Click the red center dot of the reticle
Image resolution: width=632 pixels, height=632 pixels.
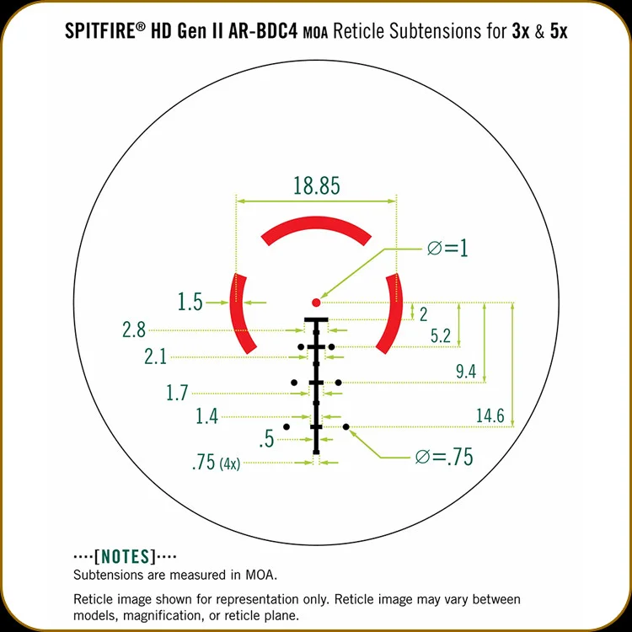(316, 303)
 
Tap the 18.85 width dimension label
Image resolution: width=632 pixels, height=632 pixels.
(316, 186)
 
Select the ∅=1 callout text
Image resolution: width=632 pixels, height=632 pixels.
(447, 248)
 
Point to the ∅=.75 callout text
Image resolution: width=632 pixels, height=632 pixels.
(444, 457)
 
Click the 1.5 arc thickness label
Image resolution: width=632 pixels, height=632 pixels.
(190, 302)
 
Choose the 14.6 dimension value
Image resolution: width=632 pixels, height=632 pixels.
(490, 415)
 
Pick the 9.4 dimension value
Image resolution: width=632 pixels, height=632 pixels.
(466, 372)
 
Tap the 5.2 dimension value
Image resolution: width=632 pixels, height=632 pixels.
(441, 335)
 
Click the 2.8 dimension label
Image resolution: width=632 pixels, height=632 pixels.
(134, 329)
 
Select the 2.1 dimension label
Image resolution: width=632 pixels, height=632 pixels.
(156, 356)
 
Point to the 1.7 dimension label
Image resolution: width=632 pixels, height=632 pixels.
(177, 393)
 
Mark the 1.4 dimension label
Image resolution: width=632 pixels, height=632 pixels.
(206, 416)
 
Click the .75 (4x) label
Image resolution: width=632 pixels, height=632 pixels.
(217, 463)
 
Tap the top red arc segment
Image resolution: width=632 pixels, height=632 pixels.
(316, 223)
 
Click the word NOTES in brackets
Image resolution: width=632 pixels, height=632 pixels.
(125, 557)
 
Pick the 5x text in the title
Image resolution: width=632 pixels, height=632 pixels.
(559, 31)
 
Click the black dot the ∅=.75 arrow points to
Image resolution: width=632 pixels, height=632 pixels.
(346, 426)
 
